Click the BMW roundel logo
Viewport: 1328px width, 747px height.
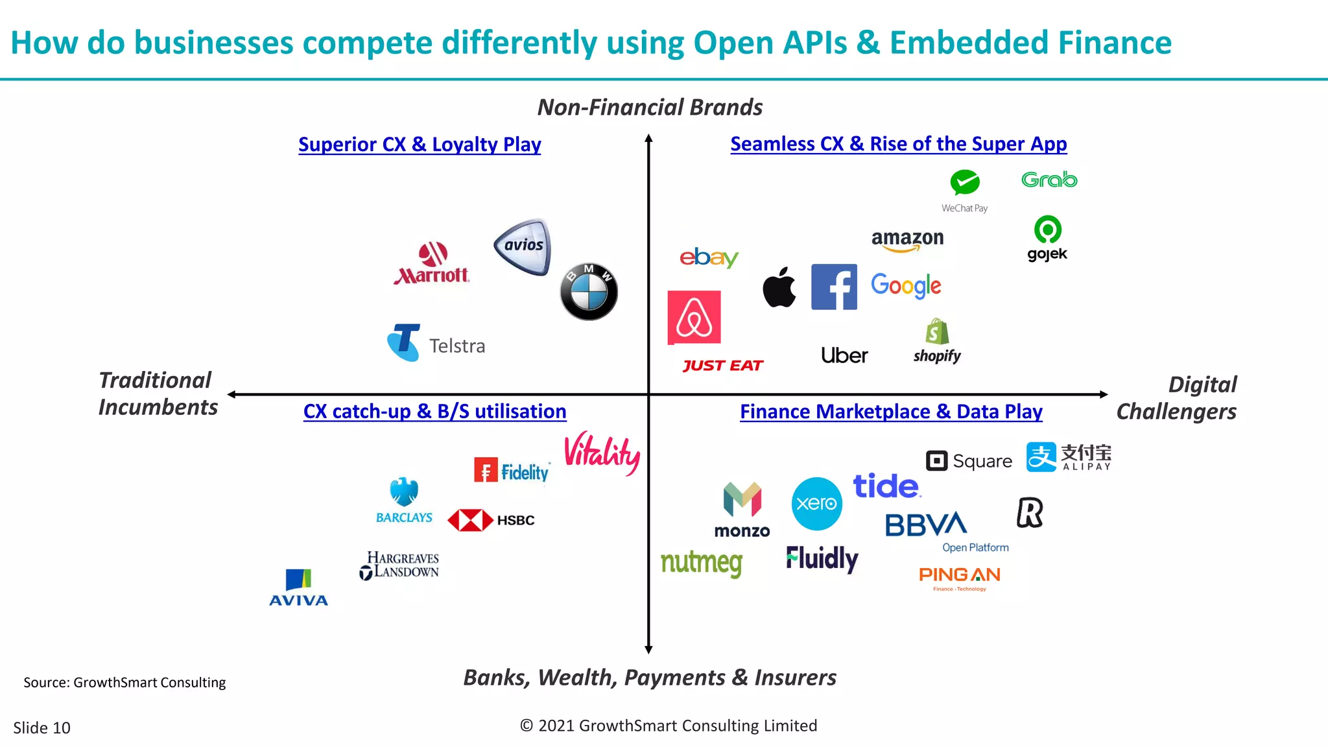589,292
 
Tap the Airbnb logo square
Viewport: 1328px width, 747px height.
694,317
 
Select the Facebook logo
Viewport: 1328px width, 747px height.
834,287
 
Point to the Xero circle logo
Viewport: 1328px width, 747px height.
816,503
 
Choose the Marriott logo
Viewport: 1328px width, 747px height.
431,264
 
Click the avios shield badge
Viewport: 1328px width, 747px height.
523,246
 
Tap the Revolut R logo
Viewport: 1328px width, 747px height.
1030,512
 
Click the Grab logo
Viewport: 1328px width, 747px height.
1049,180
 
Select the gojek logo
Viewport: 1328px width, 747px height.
1047,239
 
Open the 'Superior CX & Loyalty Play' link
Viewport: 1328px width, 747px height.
420,144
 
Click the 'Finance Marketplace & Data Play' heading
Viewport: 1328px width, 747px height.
891,411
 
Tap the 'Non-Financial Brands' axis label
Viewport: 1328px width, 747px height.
650,107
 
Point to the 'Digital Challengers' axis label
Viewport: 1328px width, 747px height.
1176,397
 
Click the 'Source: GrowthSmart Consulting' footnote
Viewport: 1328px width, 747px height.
124,682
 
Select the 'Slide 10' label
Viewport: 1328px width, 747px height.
41,728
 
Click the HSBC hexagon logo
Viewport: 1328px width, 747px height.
471,520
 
